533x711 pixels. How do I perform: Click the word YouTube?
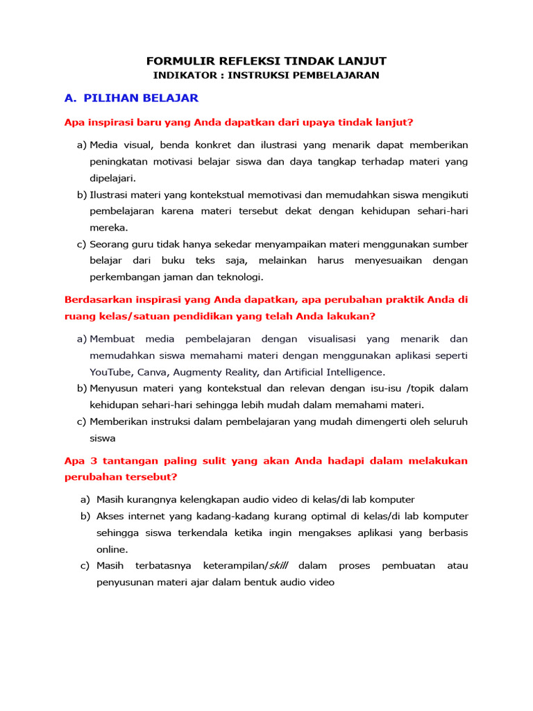point(112,371)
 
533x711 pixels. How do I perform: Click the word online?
point(111,549)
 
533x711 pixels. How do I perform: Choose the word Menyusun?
point(115,388)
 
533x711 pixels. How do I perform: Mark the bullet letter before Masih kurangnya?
point(85,499)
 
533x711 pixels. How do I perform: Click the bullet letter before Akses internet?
point(85,516)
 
